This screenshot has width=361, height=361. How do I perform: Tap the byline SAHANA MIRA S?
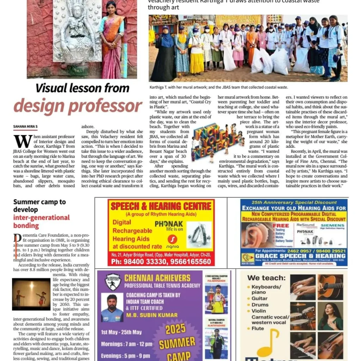click(x=25, y=126)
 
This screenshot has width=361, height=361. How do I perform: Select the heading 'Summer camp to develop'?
click(x=39, y=206)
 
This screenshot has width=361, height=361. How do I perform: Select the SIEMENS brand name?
click(x=332, y=226)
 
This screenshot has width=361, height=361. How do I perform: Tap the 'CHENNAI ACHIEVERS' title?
click(x=157, y=278)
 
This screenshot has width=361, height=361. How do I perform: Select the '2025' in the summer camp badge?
click(x=175, y=329)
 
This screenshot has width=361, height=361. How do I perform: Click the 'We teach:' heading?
click(x=266, y=278)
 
